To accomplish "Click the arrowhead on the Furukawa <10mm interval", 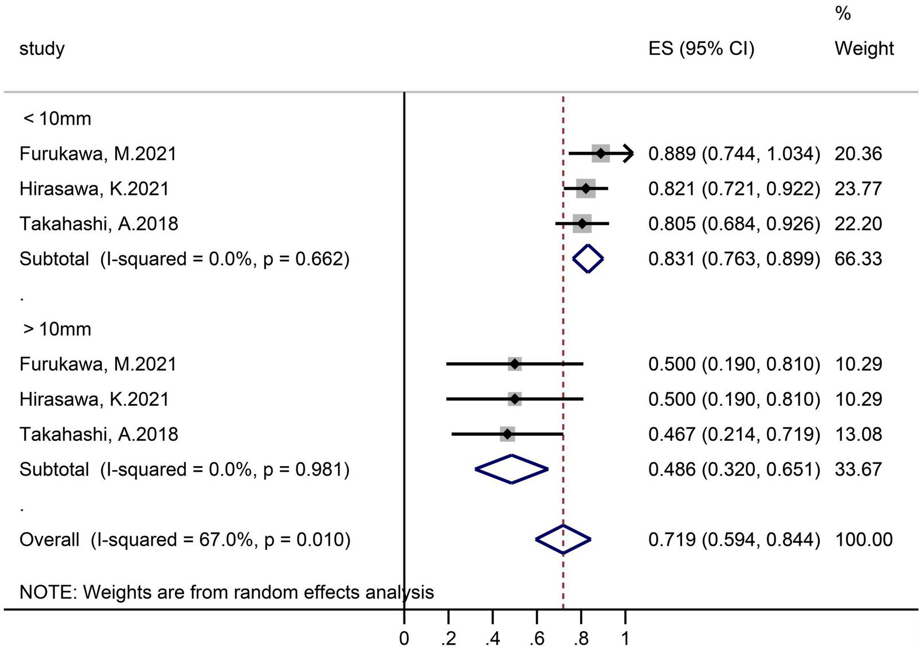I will (628, 153).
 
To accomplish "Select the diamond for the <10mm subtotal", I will (588, 259).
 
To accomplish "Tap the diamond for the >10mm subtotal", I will (511, 469).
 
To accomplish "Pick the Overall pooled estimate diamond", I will (563, 539).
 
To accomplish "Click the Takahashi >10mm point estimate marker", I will (507, 434).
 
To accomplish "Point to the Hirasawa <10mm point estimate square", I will (585, 189).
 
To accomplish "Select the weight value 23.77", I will (858, 189).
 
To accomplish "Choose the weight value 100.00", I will (863, 539).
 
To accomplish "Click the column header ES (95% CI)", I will (701, 49).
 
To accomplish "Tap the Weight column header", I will (863, 49).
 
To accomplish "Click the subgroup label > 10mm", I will (57, 329).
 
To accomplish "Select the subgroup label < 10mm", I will (57, 119).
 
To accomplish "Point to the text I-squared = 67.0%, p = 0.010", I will (220, 539).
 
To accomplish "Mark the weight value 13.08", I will (858, 434).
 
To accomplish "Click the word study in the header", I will (42, 49).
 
